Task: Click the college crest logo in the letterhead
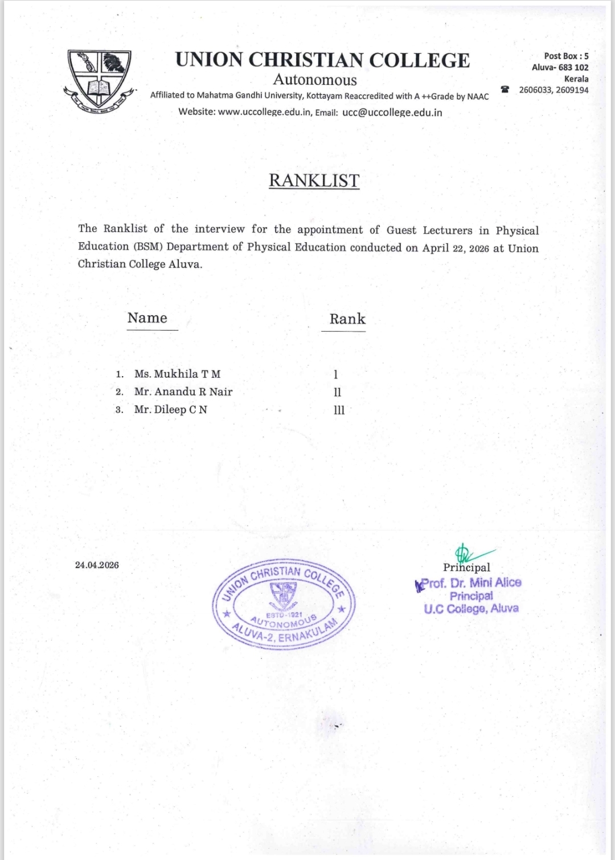click(100, 79)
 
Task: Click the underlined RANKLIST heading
click(314, 180)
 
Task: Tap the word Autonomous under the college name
click(315, 80)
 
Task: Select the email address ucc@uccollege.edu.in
click(392, 112)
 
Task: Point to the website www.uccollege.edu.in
click(264, 112)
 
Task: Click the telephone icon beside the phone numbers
click(505, 89)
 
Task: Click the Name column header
click(147, 318)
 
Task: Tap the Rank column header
click(347, 319)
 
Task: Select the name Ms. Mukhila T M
click(177, 374)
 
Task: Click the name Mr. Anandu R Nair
click(183, 392)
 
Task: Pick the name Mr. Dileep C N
click(171, 409)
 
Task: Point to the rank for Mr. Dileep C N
click(339, 410)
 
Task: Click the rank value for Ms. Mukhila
click(336, 374)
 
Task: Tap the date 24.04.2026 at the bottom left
click(97, 565)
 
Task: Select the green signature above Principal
click(470, 553)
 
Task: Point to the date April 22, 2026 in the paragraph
click(456, 248)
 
